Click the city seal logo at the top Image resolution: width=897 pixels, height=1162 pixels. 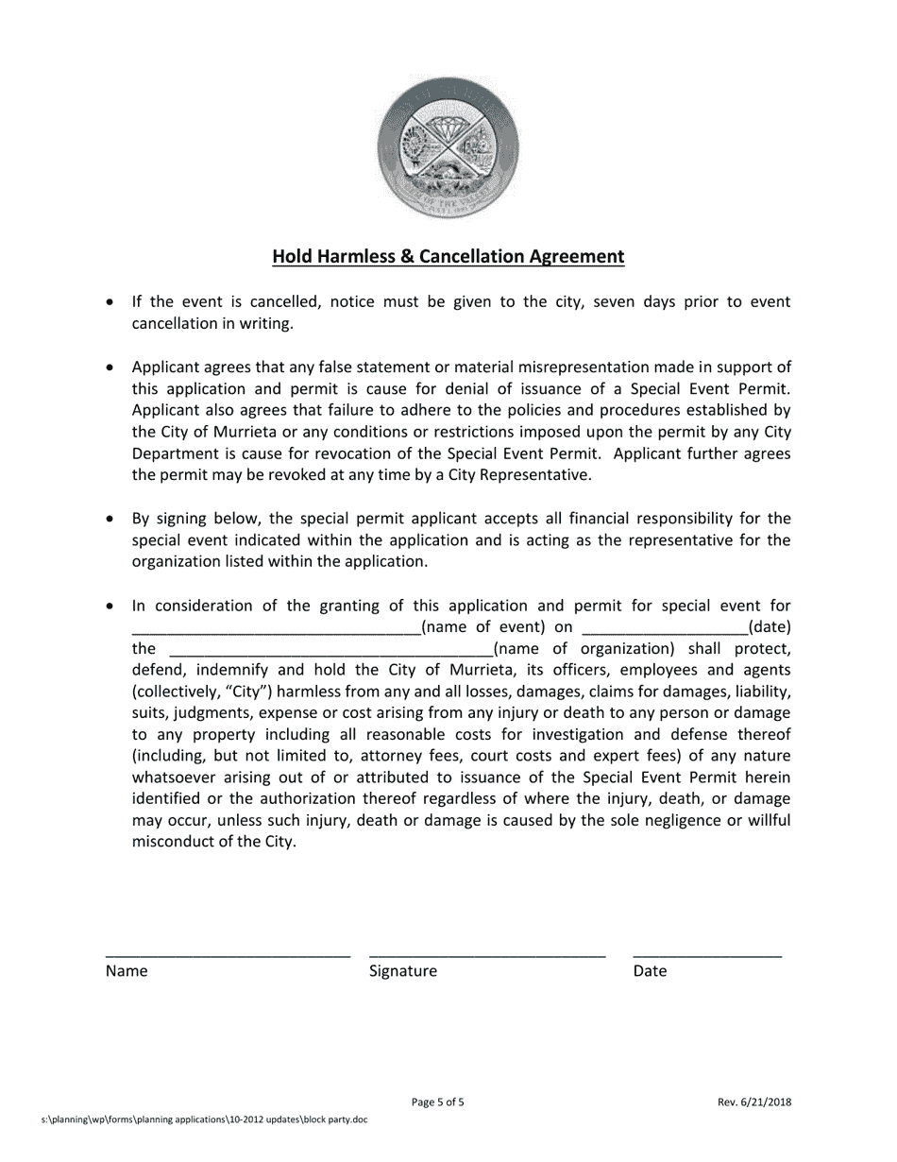[x=448, y=149]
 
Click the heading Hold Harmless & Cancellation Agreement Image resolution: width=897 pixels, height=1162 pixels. [x=448, y=257]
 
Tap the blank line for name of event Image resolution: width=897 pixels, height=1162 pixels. [x=276, y=628]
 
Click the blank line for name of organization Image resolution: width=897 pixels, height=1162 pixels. [x=330, y=650]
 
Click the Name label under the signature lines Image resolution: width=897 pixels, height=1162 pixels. [x=127, y=971]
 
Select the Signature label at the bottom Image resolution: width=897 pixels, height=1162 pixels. [x=403, y=971]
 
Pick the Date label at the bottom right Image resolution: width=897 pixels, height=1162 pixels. [x=650, y=971]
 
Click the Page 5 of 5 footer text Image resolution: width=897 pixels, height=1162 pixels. [x=438, y=1102]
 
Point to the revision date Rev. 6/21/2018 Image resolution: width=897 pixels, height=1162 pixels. [x=753, y=1102]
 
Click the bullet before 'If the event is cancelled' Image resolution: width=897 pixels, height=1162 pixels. [x=111, y=302]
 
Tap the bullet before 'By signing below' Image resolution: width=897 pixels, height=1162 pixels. [x=111, y=520]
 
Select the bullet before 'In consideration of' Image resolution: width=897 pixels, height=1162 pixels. [x=111, y=607]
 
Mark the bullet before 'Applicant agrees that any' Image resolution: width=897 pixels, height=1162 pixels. [x=111, y=367]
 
